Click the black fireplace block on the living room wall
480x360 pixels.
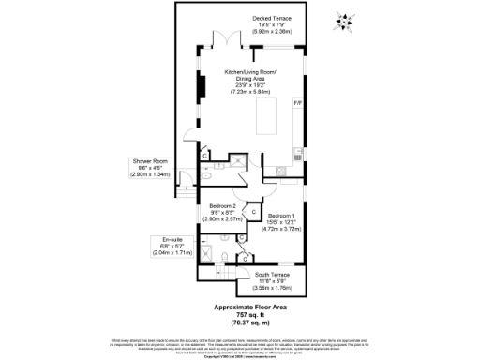click(x=200, y=87)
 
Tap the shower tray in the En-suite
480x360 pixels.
click(x=209, y=254)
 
